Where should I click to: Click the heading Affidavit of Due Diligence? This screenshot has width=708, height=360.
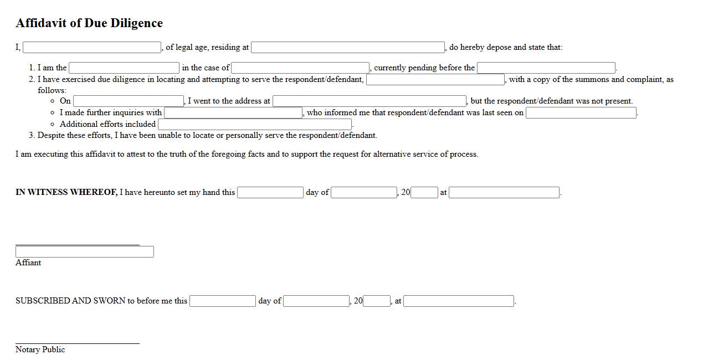coord(89,23)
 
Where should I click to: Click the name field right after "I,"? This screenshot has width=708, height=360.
coord(92,48)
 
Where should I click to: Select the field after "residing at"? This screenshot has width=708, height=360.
coord(348,48)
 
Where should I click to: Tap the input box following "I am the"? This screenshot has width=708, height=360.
coord(124,68)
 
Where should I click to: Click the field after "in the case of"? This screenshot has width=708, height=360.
coord(300,68)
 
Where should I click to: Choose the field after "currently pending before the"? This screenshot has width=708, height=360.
coord(546,68)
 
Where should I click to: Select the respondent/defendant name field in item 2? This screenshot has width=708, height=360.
coord(435,80)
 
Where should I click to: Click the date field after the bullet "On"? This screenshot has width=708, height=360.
coord(129,101)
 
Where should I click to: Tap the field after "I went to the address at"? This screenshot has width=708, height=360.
coord(370,101)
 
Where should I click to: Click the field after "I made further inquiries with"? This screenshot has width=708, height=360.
coord(233,113)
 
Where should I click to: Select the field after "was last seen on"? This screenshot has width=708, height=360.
coord(581,113)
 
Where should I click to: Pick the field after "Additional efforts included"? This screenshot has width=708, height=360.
coord(255,125)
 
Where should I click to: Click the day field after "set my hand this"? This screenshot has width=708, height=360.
coord(270,193)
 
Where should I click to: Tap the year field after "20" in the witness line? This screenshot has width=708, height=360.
coord(424,193)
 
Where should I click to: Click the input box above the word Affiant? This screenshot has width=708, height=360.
coord(85,252)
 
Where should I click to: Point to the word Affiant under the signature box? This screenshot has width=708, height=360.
coord(28,263)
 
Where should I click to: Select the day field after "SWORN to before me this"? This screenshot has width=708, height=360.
coord(223,301)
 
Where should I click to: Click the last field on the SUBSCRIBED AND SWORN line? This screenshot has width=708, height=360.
coord(459,301)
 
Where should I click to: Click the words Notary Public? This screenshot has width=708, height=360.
coord(40,350)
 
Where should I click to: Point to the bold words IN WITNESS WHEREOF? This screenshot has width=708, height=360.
coord(66,193)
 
